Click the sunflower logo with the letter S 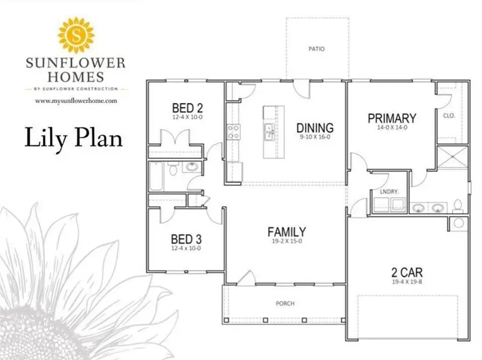(x=76, y=35)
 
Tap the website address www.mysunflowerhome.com (x=76, y=101)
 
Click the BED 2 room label (x=187, y=108)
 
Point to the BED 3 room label (x=186, y=239)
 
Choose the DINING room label (x=315, y=128)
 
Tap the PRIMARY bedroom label (x=392, y=118)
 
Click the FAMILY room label (x=287, y=232)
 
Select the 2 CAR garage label (x=406, y=272)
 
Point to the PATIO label (x=317, y=49)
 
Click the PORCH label (x=285, y=303)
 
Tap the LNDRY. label (x=389, y=192)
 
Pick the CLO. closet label (x=449, y=116)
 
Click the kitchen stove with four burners (x=234, y=132)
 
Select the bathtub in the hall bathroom (x=156, y=176)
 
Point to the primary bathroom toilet (x=458, y=207)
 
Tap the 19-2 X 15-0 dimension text (x=287, y=241)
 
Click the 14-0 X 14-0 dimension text (x=392, y=127)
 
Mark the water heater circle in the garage (x=458, y=223)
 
